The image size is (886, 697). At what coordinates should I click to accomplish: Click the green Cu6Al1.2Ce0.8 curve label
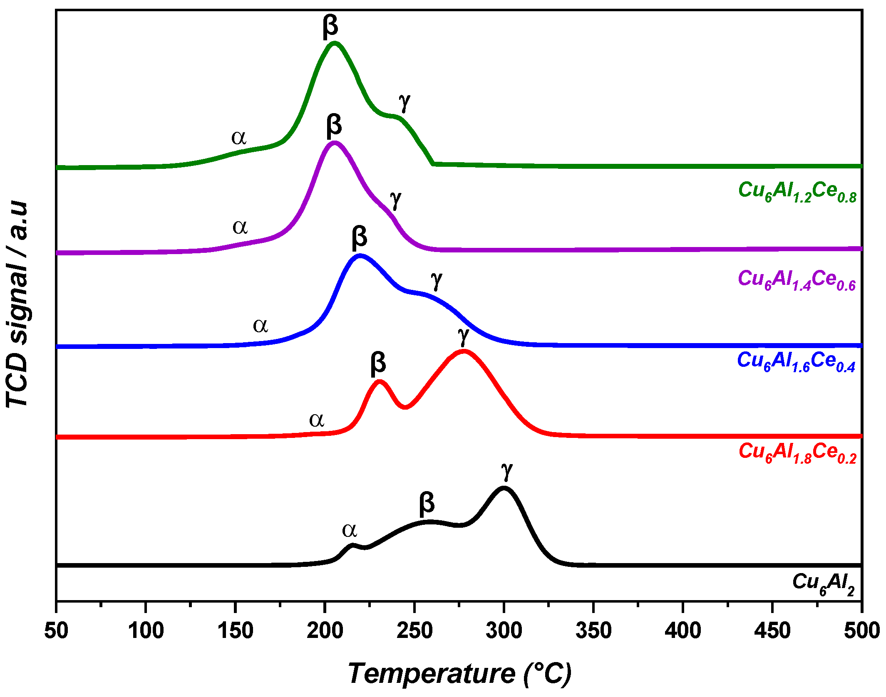(797, 192)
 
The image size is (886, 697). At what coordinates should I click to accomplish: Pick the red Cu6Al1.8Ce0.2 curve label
(797, 453)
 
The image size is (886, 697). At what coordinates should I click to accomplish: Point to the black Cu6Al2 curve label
(823, 583)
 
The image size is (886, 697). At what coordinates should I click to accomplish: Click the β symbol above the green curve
(330, 27)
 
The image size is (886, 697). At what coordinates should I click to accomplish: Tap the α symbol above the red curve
(316, 420)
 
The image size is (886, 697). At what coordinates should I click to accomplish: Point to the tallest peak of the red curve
(464, 352)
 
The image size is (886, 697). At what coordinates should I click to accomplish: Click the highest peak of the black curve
(504, 488)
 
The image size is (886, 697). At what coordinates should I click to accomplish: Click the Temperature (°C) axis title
(459, 674)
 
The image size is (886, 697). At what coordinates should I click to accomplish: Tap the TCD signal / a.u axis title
(17, 304)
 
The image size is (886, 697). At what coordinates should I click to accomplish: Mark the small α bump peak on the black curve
(352, 545)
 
